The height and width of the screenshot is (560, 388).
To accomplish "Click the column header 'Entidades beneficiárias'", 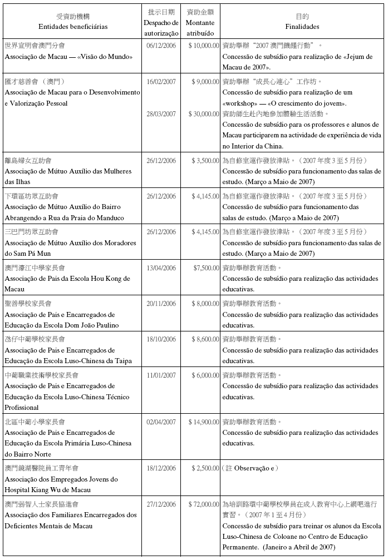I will pos(73,26).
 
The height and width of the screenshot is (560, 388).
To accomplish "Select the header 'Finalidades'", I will pos(302,26).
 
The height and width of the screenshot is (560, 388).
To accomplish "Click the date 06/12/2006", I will pos(161,46).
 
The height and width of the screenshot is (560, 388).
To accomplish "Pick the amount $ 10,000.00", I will pos(204,46).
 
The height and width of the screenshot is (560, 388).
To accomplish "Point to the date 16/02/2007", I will pos(161,81).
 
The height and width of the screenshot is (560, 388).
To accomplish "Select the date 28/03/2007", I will pos(161,113).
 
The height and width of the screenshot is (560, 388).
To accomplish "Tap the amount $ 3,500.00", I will pos(205,160).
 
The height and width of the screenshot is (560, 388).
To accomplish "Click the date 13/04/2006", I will pos(161,267).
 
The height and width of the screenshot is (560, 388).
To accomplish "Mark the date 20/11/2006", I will pos(161,304).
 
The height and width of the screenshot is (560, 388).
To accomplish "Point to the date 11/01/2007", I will pos(161,375).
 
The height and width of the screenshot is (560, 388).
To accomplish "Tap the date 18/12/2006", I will pos(161,468).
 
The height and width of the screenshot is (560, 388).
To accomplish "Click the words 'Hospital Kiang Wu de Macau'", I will pos(48,490).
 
